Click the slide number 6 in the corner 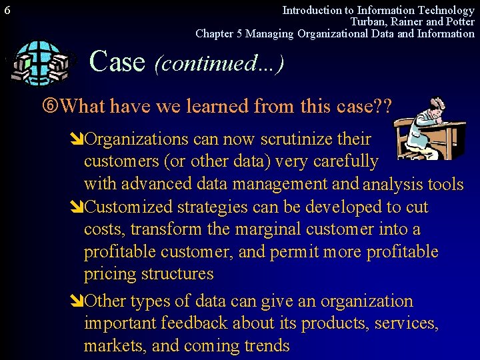(7, 10)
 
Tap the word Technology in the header (445, 10)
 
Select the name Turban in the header (368, 22)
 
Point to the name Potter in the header (459, 22)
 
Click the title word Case (117, 61)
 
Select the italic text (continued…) (219, 63)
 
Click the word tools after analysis (445, 185)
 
